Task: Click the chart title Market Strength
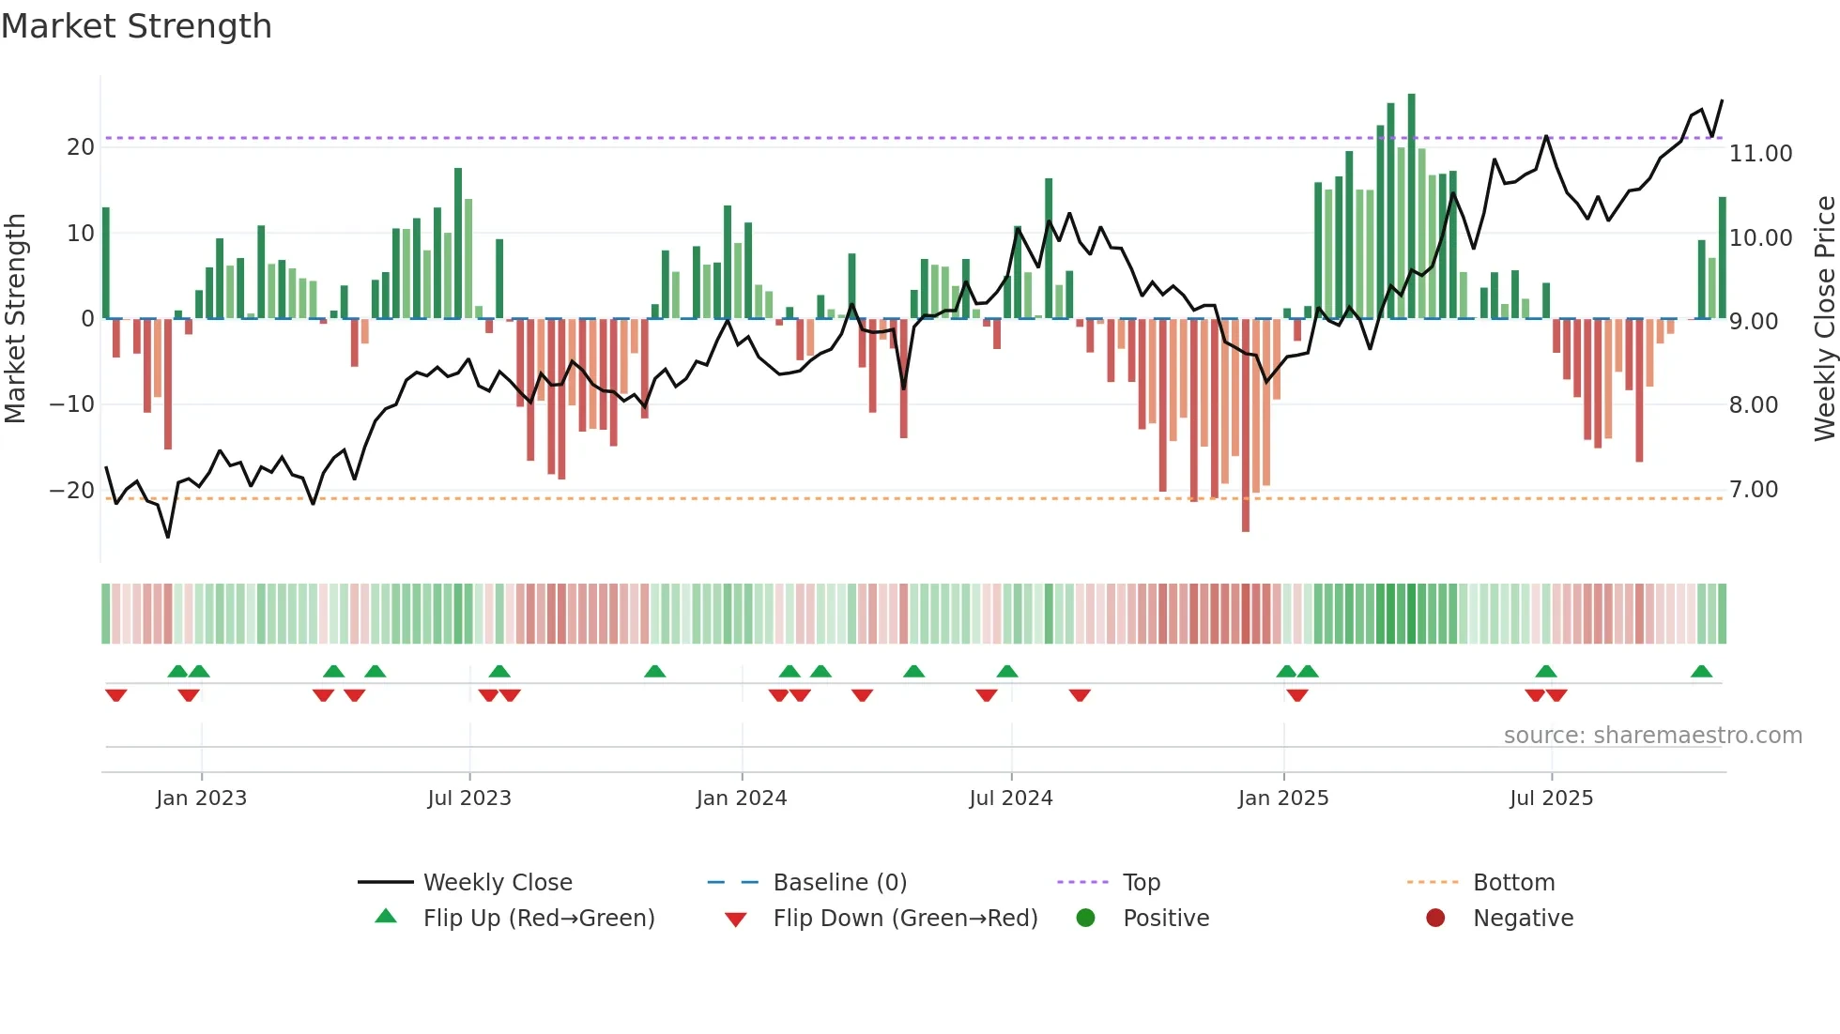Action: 136,26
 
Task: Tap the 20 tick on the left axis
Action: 81,147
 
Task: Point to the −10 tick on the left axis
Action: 72,404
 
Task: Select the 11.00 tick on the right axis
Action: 1760,154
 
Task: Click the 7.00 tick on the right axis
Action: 1753,490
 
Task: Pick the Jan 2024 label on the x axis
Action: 741,798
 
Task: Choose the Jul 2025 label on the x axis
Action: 1551,798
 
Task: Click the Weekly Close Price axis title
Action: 1824,319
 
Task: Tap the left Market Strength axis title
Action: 15,319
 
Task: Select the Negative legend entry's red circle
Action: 1435,919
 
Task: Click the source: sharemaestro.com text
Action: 1652,736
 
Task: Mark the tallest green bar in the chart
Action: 1411,206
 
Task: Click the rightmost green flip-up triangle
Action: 1701,672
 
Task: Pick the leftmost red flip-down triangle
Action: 116,695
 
